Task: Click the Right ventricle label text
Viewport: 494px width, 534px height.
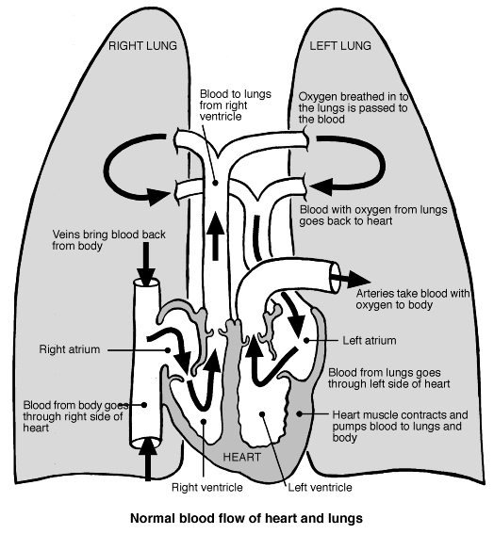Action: pos(207,487)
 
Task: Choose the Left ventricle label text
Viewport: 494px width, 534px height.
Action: pos(320,487)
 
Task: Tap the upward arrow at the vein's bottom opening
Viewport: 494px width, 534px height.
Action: pos(146,464)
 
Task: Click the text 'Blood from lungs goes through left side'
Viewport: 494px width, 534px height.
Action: pos(387,377)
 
